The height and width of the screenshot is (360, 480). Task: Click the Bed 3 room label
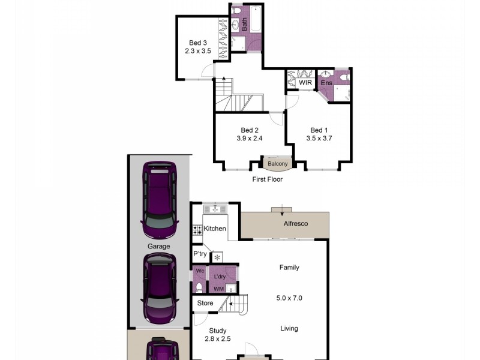[x=198, y=43]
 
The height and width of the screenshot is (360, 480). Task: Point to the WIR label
[x=305, y=83]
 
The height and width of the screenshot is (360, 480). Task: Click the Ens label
[x=326, y=83]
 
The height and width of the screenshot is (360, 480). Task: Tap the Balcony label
[x=278, y=164]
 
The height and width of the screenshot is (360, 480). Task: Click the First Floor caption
[x=268, y=179]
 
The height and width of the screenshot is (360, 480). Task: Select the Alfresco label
[x=296, y=224]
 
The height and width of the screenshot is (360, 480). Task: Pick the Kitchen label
[x=215, y=229]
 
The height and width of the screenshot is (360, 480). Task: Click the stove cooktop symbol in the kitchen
[x=197, y=229]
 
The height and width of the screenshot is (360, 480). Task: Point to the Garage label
[x=159, y=246]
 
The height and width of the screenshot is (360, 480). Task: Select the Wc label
[x=200, y=271]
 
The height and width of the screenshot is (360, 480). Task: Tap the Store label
[x=205, y=303]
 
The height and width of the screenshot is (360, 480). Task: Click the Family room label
[x=289, y=268]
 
